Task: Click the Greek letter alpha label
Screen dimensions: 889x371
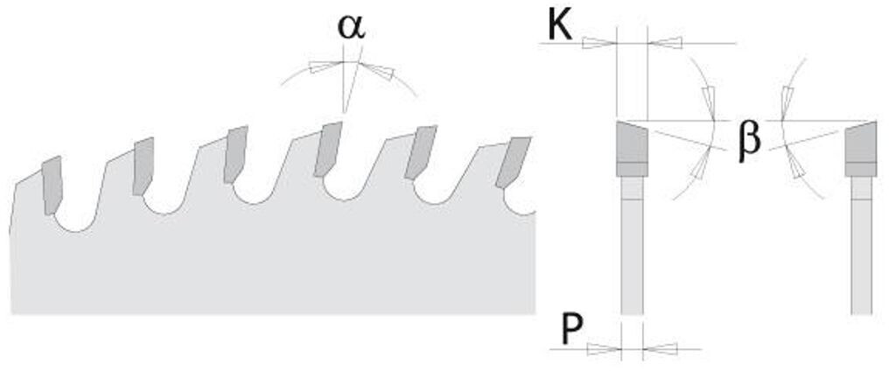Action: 351,26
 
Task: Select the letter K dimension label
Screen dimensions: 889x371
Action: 560,26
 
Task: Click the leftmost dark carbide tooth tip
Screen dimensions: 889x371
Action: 52,184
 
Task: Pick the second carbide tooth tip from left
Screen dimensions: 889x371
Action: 143,165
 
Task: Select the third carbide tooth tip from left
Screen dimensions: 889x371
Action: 236,153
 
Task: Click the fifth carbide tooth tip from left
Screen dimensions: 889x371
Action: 423,151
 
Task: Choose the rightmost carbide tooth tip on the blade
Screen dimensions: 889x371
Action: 514,160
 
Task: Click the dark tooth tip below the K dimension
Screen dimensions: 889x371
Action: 631,148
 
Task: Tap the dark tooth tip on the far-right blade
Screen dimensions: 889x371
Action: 861,148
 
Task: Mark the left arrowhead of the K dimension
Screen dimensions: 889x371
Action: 599,41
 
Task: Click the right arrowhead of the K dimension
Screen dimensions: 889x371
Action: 664,41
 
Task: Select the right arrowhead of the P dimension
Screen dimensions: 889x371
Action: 659,349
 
